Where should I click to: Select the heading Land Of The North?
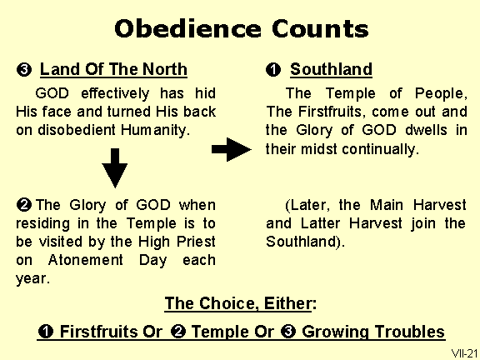point(113,70)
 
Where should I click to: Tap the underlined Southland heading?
point(331,70)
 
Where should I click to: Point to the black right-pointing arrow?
point(231,149)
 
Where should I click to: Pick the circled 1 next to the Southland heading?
point(273,70)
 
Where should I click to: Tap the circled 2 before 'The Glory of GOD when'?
point(24,205)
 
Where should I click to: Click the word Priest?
point(194,242)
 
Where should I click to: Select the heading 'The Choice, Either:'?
point(239,303)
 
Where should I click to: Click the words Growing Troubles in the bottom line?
point(373,332)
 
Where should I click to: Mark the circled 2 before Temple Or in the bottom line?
point(177,332)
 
